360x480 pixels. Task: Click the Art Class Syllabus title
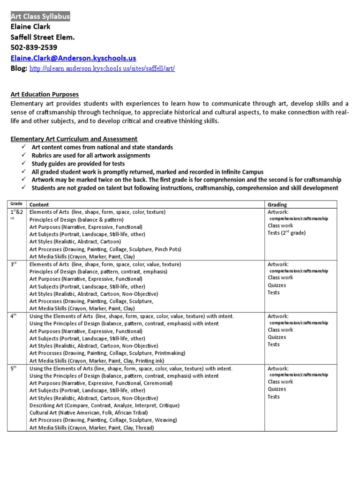click(x=40, y=16)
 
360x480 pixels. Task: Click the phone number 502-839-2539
click(x=34, y=47)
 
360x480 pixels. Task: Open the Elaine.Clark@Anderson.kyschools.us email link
click(x=73, y=58)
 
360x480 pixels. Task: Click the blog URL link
click(x=102, y=69)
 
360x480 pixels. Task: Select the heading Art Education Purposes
click(x=45, y=94)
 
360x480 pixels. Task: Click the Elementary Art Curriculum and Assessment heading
click(x=74, y=139)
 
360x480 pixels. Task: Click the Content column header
click(x=40, y=204)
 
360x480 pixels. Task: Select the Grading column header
click(x=277, y=204)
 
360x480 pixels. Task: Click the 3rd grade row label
click(x=14, y=264)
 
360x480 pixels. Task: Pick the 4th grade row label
click(x=14, y=316)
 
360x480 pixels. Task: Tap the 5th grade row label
click(x=14, y=368)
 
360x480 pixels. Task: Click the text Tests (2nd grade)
click(x=286, y=233)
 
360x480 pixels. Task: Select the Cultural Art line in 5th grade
click(x=89, y=412)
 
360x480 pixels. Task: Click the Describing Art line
click(x=105, y=405)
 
